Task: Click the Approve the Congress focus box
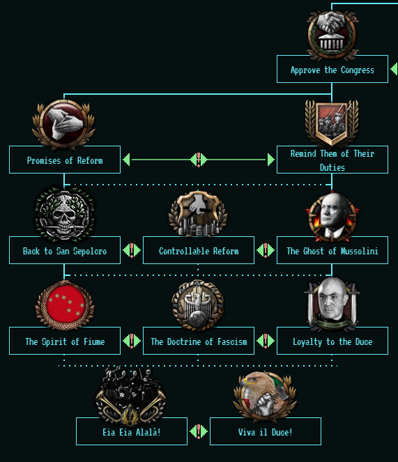(x=332, y=69)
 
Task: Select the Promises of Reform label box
(x=65, y=160)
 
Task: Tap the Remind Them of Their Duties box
(x=332, y=160)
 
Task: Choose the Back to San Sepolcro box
(x=65, y=250)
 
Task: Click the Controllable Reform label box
(x=199, y=250)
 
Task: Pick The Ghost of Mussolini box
(x=332, y=250)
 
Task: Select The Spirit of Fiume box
(x=65, y=341)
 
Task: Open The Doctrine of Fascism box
(x=199, y=341)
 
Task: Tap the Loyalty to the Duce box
(x=332, y=341)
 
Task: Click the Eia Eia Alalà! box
(x=132, y=431)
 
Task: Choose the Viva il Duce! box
(x=266, y=431)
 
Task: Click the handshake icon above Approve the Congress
(x=332, y=35)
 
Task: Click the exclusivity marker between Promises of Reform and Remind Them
(x=199, y=160)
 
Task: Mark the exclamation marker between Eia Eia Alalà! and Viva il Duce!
(x=199, y=431)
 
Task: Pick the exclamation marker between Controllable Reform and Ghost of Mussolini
(x=266, y=250)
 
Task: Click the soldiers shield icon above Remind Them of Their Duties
(x=332, y=123)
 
